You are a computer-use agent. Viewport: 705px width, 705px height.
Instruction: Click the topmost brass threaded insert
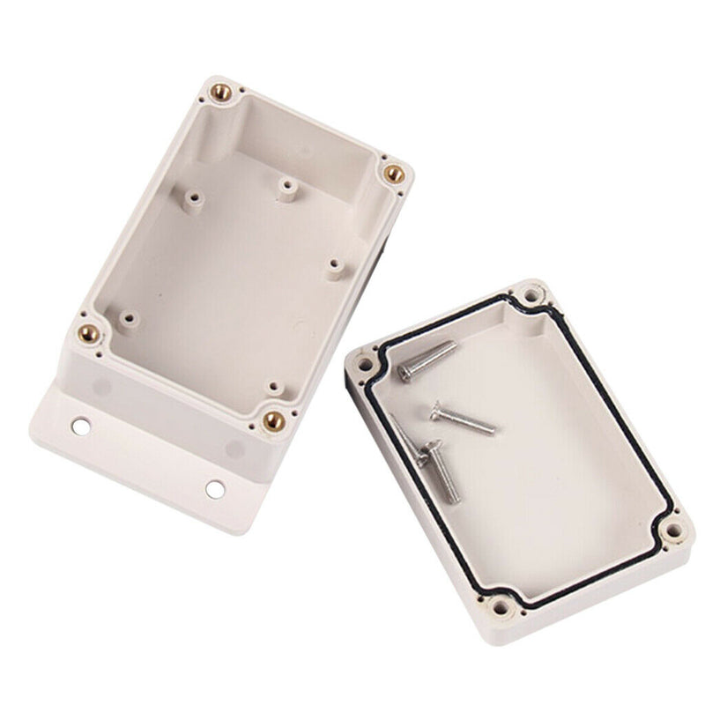pyautogui.click(x=222, y=91)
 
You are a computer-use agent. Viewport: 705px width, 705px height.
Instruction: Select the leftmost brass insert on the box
pyautogui.click(x=90, y=333)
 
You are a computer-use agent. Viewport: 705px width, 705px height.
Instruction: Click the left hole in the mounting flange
pyautogui.click(x=81, y=427)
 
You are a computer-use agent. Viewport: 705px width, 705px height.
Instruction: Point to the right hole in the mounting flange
pyautogui.click(x=215, y=487)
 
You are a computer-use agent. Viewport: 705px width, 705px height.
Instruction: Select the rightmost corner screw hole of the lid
pyautogui.click(x=673, y=531)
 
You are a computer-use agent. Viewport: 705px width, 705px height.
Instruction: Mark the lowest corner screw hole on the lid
pyautogui.click(x=504, y=606)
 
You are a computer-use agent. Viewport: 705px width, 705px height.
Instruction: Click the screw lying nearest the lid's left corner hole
pyautogui.click(x=427, y=361)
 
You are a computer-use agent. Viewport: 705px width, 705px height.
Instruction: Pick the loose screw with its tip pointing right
pyautogui.click(x=464, y=419)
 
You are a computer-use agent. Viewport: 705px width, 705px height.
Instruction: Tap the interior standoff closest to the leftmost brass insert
pyautogui.click(x=130, y=318)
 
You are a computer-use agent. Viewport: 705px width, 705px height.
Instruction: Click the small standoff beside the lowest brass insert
pyautogui.click(x=274, y=388)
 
